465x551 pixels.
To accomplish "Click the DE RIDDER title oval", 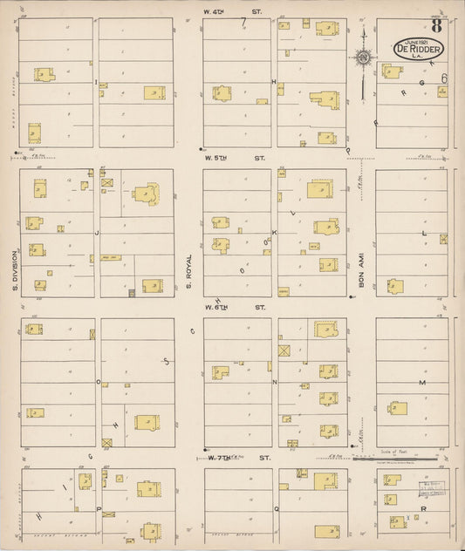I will click(419, 49).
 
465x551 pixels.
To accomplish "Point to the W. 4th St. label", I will click(231, 10).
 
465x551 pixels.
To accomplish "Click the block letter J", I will click(98, 233).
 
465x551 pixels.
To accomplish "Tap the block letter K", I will click(274, 233).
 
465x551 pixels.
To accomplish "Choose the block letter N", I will click(274, 382).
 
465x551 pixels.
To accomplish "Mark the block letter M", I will click(421, 383).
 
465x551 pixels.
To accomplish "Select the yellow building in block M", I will click(398, 407).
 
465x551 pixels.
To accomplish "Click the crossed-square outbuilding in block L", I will click(443, 238).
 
